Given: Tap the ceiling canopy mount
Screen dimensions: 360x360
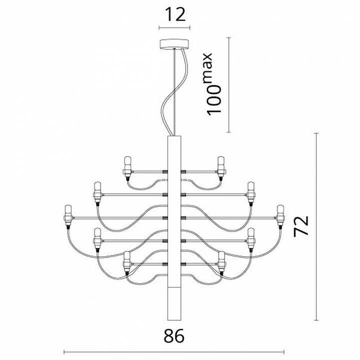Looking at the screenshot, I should [x=174, y=44].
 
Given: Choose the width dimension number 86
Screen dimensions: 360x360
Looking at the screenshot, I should [x=173, y=336].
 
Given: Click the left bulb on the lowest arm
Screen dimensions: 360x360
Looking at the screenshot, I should [x=127, y=262].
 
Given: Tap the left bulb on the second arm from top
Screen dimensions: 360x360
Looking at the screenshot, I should [x=96, y=191].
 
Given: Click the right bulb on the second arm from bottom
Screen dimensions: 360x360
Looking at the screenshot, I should [x=251, y=238].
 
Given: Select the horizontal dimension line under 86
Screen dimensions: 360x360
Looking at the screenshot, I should [x=174, y=350].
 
